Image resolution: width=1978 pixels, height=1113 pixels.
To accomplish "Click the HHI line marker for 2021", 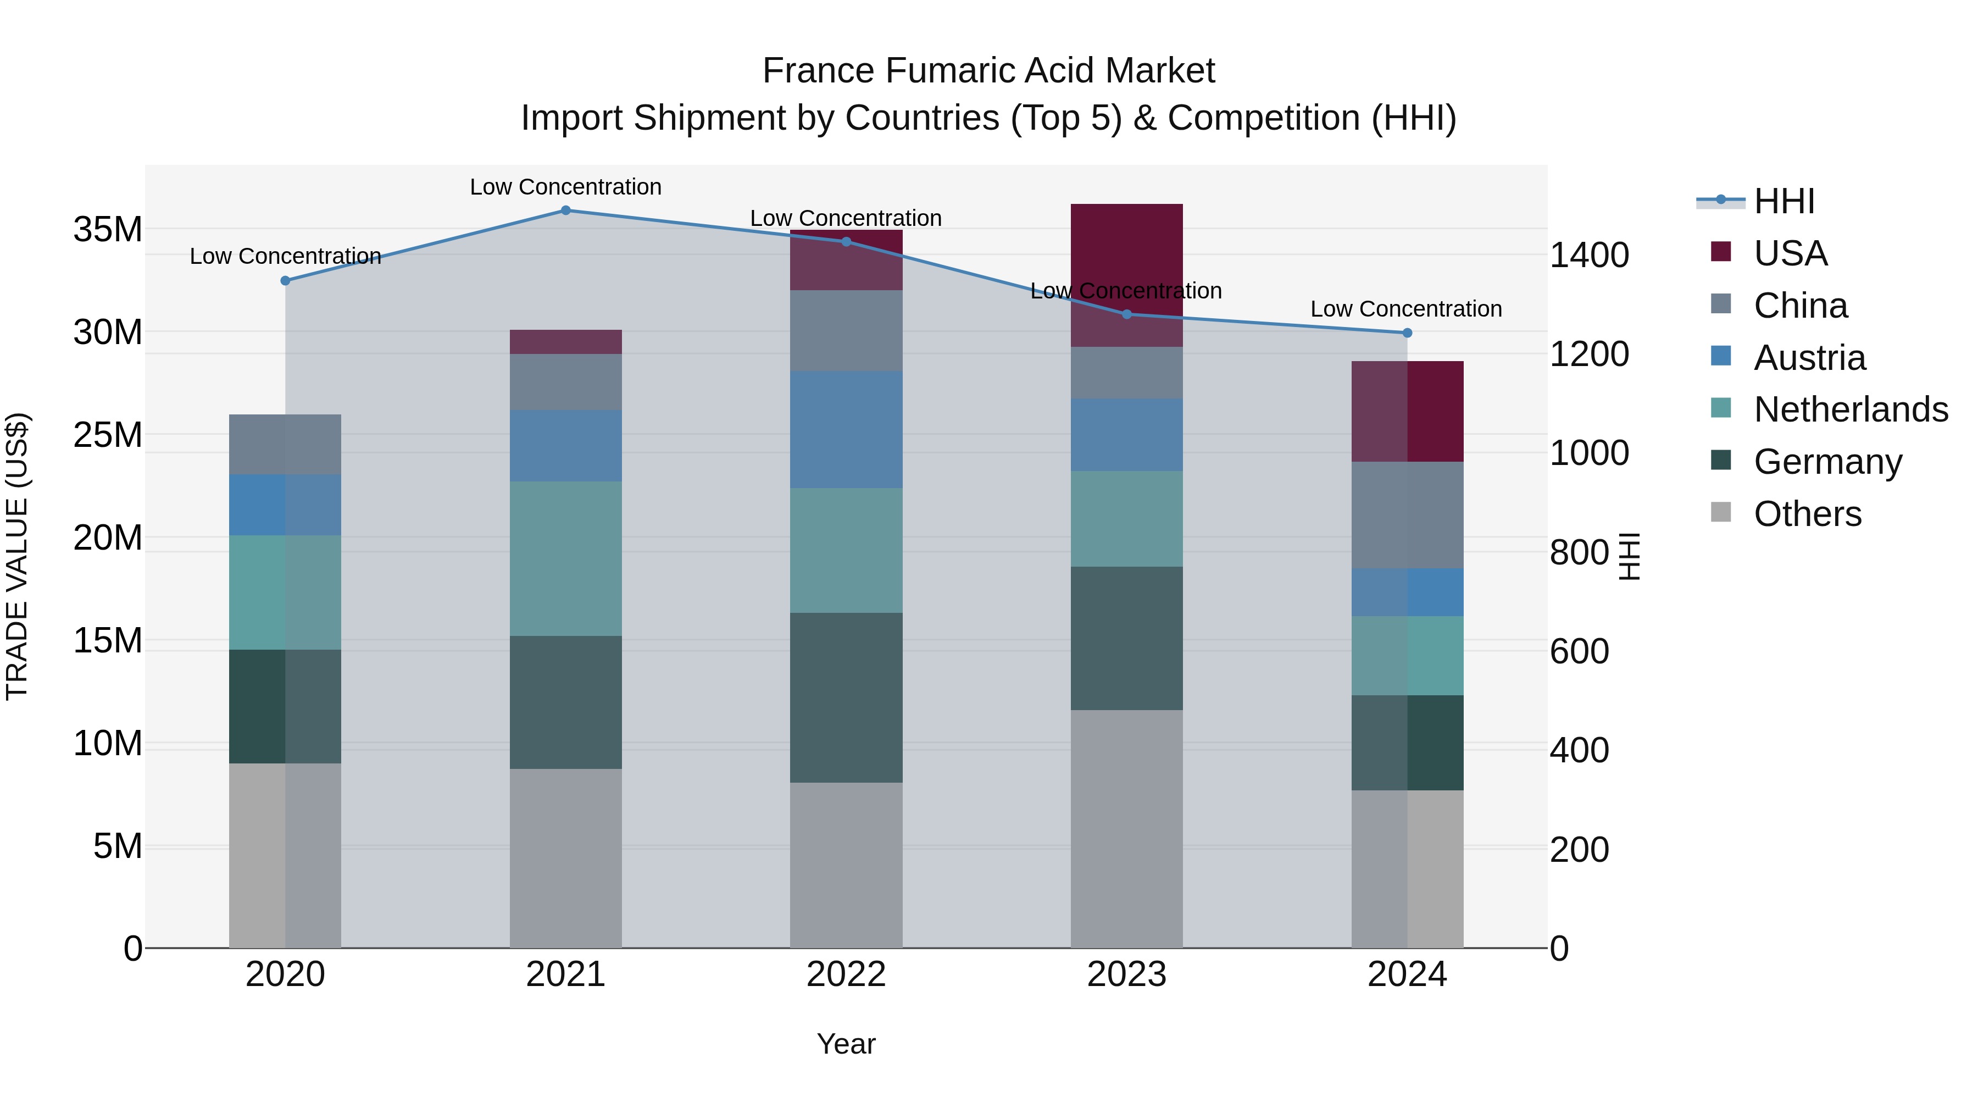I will (565, 210).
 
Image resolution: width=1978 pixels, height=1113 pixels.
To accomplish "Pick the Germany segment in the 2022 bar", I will (846, 697).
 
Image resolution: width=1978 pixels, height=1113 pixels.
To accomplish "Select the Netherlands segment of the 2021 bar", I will (565, 558).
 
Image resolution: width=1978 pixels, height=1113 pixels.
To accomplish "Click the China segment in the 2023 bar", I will (1126, 373).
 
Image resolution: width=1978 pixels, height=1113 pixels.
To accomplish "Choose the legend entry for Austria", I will (1809, 358).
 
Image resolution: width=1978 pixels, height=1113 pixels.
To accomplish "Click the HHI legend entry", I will (1783, 201).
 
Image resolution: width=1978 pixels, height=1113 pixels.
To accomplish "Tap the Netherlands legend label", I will (1851, 409).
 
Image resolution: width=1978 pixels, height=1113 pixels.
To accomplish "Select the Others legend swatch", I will (1721, 512).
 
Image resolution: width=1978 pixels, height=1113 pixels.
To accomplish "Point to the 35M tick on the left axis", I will (108, 230).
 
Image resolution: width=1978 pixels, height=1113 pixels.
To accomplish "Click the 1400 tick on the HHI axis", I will (1588, 255).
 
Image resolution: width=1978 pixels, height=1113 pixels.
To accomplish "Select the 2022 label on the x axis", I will (846, 974).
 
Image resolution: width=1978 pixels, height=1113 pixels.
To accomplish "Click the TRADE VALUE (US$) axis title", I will (17, 556).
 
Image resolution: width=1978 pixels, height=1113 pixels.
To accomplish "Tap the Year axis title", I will (846, 1044).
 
